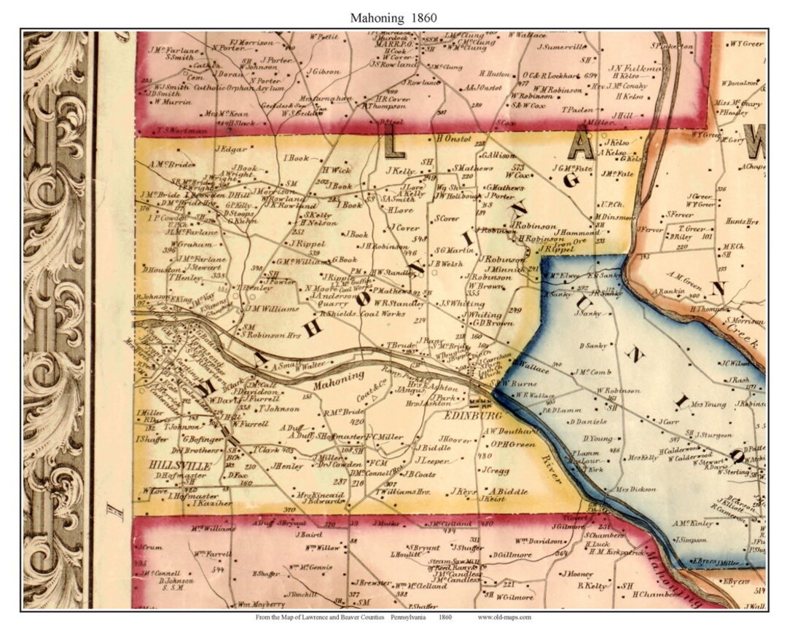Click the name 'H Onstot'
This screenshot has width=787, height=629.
(x=453, y=138)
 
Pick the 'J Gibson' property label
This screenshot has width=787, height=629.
(x=324, y=71)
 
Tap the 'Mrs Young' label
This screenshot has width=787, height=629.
(x=708, y=404)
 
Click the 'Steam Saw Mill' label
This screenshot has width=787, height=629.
(x=453, y=561)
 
